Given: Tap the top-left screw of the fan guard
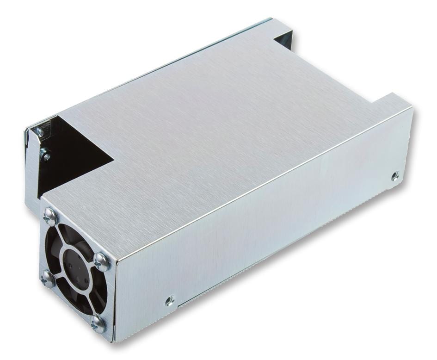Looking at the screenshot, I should click(50, 216).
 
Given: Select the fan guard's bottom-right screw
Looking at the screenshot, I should click(98, 324).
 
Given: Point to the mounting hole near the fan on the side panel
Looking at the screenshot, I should click(170, 301).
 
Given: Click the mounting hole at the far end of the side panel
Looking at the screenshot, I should click(394, 176).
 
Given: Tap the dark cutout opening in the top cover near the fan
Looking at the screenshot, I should click(74, 157).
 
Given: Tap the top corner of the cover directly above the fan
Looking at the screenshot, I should click(44, 198).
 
